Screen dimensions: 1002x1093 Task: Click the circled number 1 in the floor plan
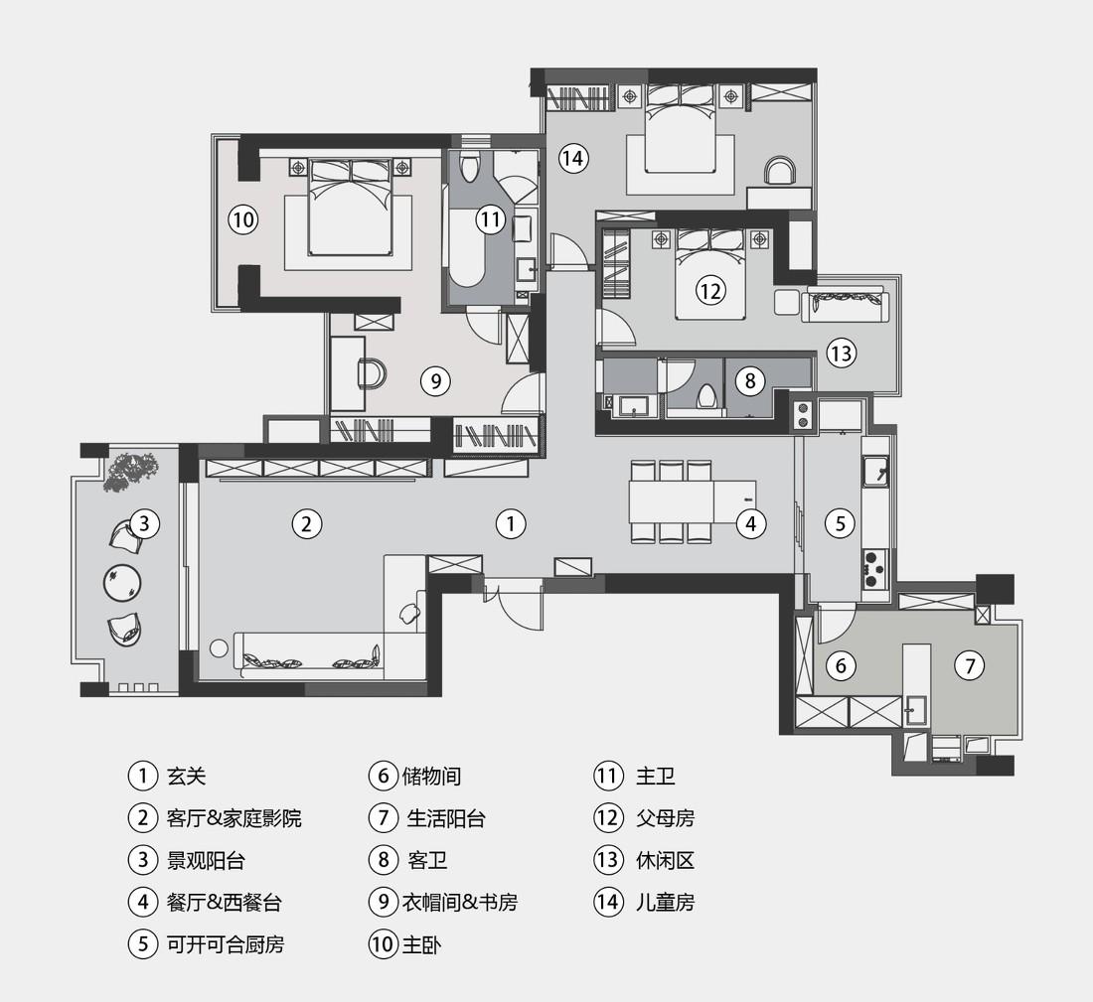click(511, 523)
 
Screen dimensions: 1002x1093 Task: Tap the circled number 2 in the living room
click(307, 523)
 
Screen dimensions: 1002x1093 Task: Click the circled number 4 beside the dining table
click(751, 523)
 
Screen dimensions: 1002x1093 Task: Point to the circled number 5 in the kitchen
click(840, 523)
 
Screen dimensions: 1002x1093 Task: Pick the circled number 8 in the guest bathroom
click(750, 380)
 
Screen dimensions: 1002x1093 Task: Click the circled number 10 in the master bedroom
click(243, 218)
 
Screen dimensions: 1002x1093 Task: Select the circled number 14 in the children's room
click(572, 157)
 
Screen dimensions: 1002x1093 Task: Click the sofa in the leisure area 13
click(844, 304)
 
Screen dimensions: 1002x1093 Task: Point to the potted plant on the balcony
click(130, 471)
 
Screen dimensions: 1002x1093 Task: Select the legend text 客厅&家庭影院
click(234, 818)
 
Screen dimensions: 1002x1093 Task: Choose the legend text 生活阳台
click(446, 818)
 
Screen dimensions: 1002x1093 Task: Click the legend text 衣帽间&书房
click(459, 902)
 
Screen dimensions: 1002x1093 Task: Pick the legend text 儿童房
click(665, 902)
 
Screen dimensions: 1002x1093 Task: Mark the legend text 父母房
click(665, 818)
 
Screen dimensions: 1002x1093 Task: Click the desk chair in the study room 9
click(373, 373)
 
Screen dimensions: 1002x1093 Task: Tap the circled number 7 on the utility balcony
click(970, 665)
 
